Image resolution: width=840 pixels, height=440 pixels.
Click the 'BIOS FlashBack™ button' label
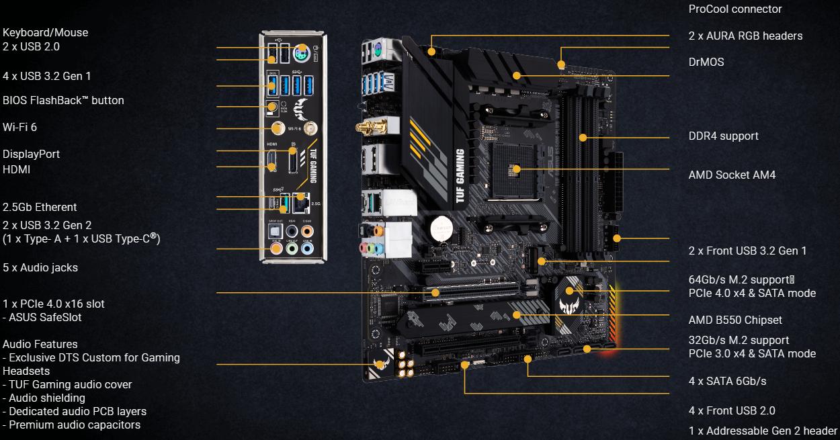63,101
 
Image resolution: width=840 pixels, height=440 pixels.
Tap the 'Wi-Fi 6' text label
19,127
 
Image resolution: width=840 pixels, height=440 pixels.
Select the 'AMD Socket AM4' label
732,175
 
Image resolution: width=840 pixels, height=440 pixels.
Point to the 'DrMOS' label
706,62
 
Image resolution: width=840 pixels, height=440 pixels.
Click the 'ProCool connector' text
735,9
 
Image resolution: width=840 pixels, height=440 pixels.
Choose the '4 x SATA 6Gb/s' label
727,381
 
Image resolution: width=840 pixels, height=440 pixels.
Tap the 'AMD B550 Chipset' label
735,320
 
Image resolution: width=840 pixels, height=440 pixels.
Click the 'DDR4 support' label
723,136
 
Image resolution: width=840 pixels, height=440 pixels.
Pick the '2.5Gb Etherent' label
40,207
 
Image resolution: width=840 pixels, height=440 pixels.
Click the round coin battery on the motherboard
441,228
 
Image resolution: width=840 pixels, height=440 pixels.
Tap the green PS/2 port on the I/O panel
302,53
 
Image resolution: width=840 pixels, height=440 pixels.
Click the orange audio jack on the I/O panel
307,231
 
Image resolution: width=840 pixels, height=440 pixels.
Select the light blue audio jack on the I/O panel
307,248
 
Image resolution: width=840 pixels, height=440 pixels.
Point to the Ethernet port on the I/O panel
301,203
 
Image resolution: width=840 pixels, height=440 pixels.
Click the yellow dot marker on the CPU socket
516,169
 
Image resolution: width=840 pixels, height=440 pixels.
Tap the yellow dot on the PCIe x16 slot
435,293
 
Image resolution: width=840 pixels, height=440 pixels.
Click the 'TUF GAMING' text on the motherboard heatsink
460,176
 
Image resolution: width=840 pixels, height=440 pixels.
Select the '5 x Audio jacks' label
40,267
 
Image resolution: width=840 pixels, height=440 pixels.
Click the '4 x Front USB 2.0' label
732,410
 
